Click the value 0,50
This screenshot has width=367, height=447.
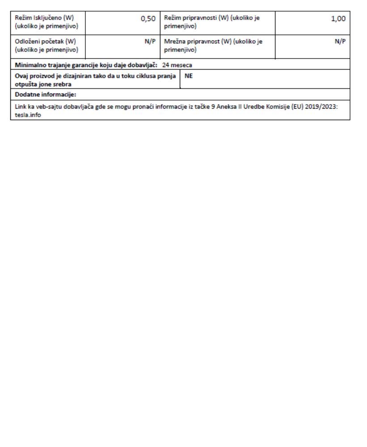tap(148, 18)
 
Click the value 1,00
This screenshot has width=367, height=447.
tap(339, 18)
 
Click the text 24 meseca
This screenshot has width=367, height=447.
tap(177, 64)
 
